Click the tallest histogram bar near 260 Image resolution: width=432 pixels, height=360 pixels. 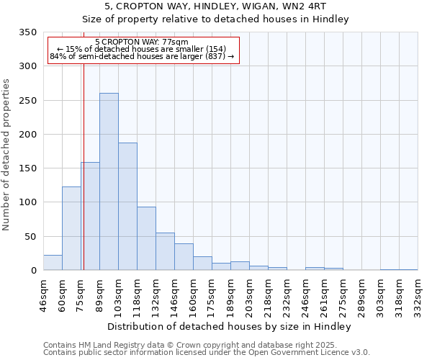click(x=109, y=181)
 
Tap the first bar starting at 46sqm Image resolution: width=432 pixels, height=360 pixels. click(x=53, y=263)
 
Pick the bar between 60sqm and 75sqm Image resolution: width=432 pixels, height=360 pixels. click(x=71, y=228)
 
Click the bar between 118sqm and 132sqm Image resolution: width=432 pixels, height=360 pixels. click(x=146, y=238)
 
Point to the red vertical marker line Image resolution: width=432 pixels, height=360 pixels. click(x=84, y=166)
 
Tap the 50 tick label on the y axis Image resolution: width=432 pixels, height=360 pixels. click(x=30, y=236)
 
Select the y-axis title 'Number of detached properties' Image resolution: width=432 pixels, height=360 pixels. click(x=6, y=155)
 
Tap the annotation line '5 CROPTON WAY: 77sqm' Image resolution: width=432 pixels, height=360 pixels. click(x=142, y=42)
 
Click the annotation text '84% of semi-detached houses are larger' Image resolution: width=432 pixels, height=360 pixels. click(x=142, y=56)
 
